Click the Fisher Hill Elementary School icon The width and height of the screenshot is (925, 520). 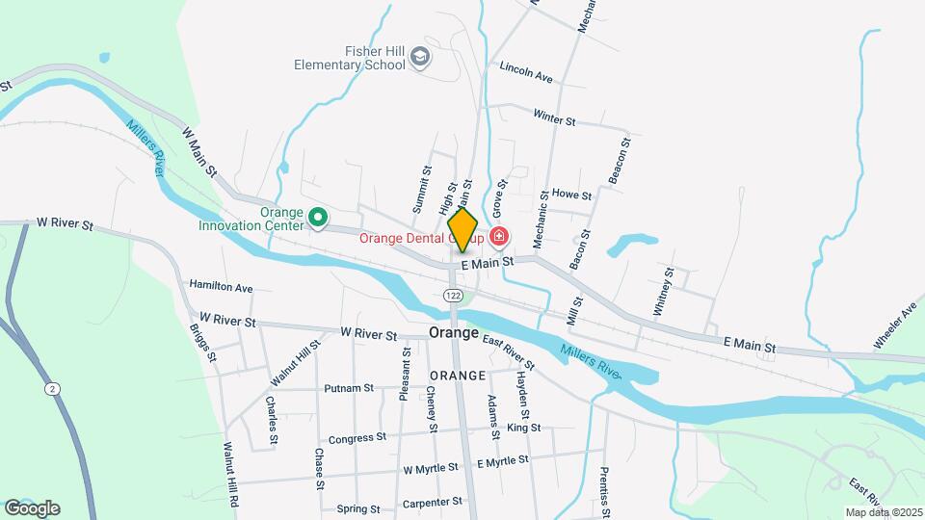pos(419,58)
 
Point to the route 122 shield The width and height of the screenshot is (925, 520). pos(455,295)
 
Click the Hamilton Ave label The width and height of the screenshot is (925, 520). pos(221,286)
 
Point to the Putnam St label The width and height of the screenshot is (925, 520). pos(349,388)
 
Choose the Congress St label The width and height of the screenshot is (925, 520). pos(357,438)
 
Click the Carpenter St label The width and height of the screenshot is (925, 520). pos(433,503)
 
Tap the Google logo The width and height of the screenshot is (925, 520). pos(32,507)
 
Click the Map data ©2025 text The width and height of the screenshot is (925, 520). pos(883,512)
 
